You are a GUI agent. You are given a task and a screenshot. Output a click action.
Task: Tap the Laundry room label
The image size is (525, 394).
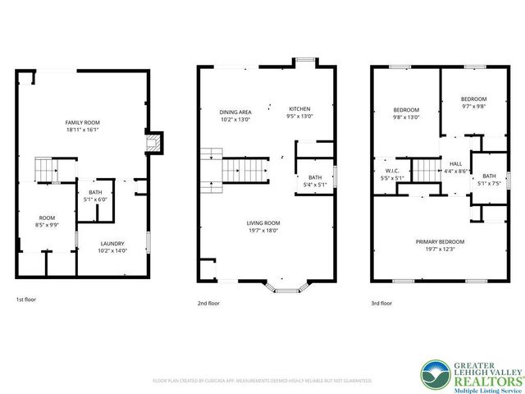click(x=112, y=247)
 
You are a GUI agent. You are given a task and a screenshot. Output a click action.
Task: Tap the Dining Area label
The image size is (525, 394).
click(x=235, y=115)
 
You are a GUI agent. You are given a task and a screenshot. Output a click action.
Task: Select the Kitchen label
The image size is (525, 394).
click(x=299, y=112)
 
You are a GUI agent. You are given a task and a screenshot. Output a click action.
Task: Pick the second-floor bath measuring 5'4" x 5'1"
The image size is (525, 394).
click(x=315, y=181)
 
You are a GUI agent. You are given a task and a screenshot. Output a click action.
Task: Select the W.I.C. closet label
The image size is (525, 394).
click(x=390, y=175)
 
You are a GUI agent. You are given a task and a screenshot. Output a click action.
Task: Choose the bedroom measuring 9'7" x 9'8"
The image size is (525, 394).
click(x=473, y=103)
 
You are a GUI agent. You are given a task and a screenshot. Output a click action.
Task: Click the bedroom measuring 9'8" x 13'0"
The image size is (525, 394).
click(x=406, y=113)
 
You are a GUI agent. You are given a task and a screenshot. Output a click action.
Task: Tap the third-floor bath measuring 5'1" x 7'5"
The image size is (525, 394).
click(x=489, y=180)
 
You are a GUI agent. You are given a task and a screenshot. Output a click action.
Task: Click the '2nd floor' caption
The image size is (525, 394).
click(x=208, y=303)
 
